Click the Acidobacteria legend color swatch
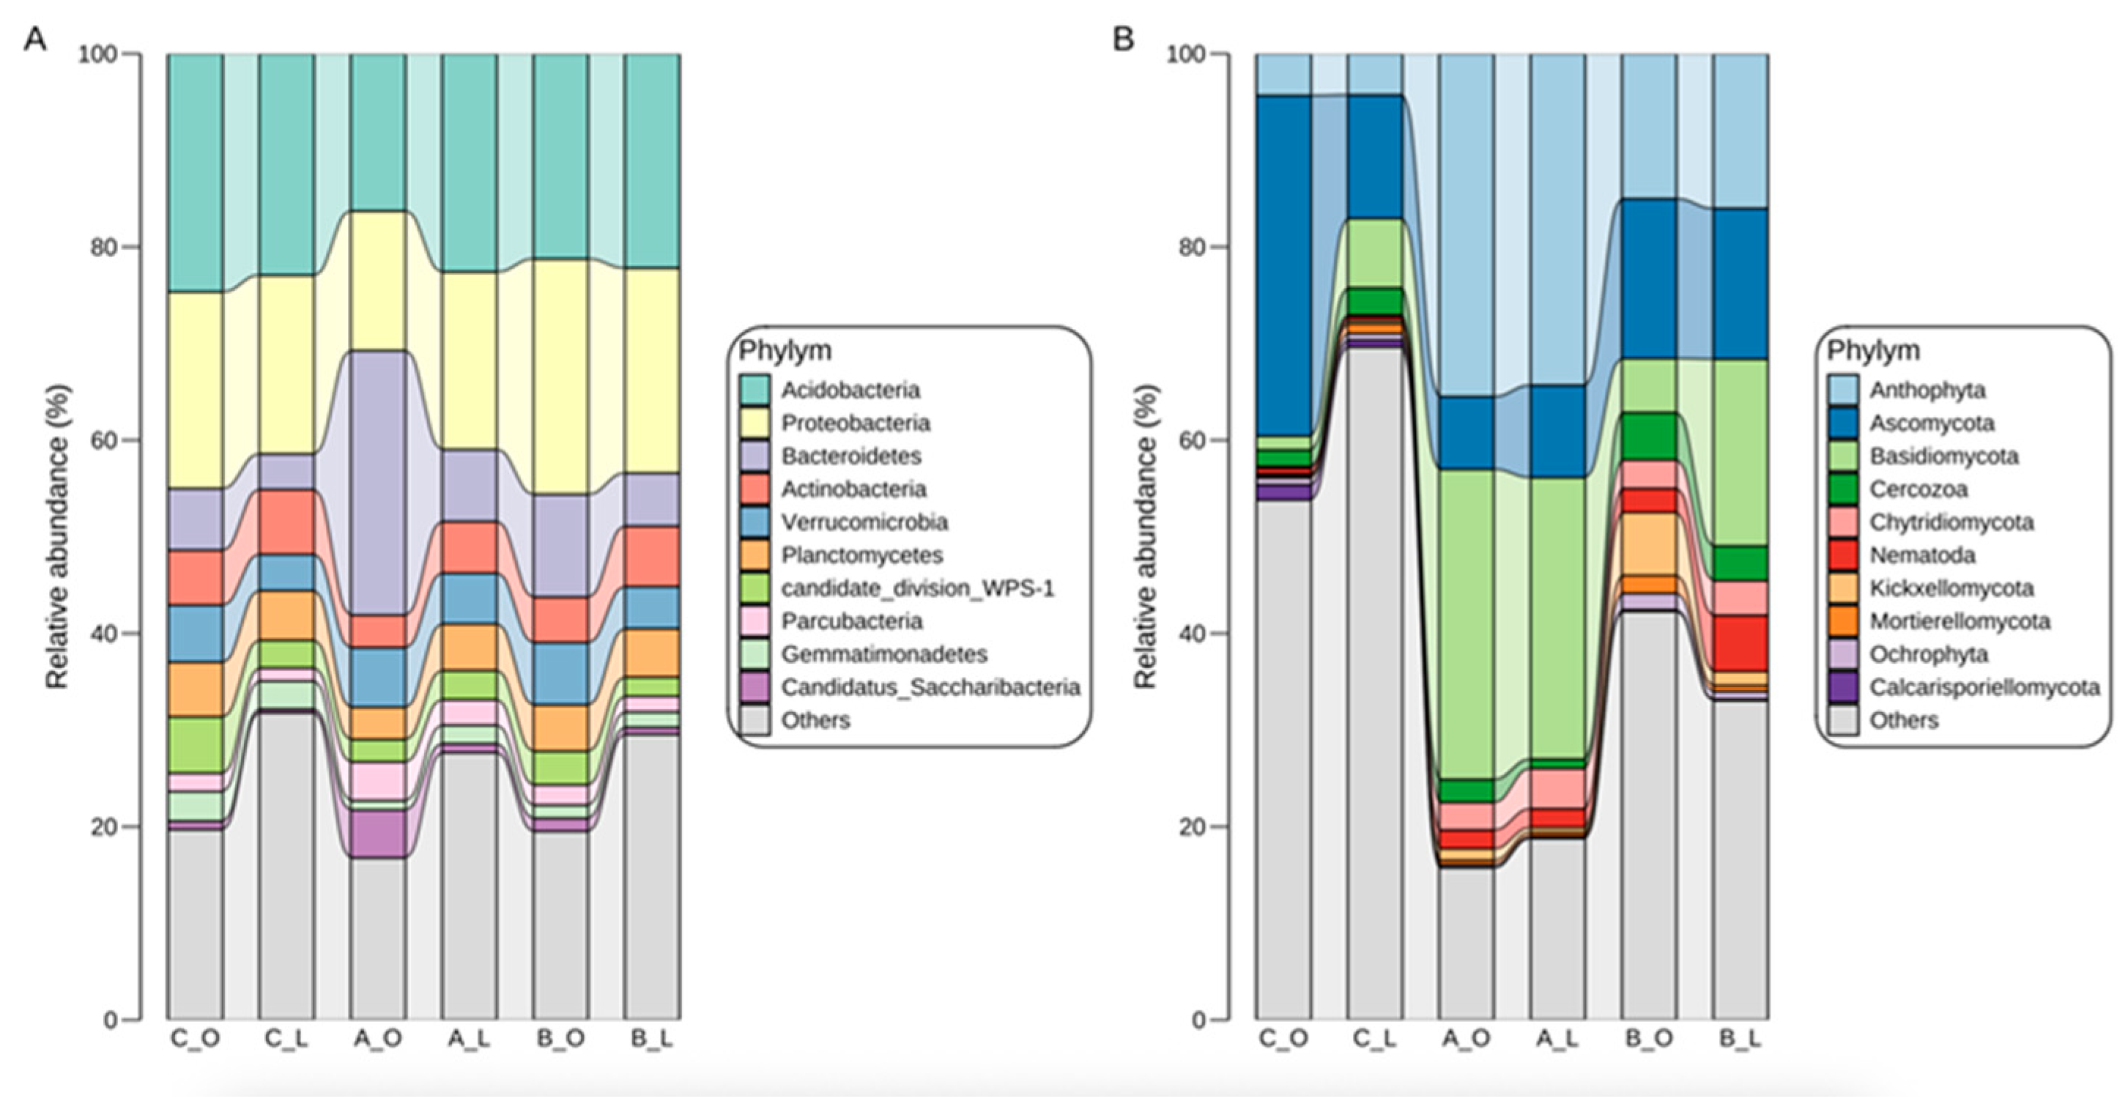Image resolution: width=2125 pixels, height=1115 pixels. coord(754,390)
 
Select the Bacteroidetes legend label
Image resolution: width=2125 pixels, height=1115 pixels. coord(851,456)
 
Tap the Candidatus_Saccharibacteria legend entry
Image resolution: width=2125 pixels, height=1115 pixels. coord(930,686)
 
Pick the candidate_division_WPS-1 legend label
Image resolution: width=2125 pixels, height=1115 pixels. coord(917,588)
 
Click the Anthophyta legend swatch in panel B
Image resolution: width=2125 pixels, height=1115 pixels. coord(1843,390)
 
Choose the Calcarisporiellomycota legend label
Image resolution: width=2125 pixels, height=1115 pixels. coord(1984,686)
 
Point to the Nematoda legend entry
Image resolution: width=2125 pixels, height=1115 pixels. coord(1922,555)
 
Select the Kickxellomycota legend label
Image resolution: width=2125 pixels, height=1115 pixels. coord(1951,588)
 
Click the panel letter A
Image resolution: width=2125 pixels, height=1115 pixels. coord(34,38)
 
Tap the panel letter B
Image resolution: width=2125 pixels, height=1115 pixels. coord(1123,38)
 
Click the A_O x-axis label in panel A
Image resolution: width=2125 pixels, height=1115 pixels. coord(377,1039)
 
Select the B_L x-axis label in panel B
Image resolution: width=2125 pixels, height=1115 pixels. coord(1739,1039)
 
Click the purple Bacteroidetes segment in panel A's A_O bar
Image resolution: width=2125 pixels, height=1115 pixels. coord(378,483)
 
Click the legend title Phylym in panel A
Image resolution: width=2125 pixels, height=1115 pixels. coord(785,351)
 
